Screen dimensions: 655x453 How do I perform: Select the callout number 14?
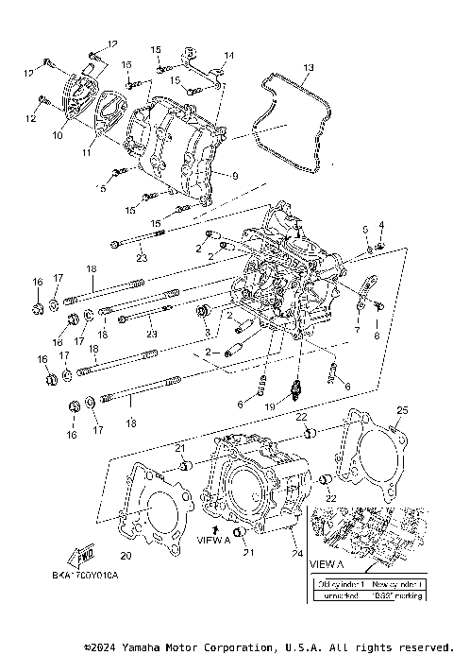pos(227,56)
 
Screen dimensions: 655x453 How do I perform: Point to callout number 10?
pos(58,135)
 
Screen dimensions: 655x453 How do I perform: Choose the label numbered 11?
pos(86,151)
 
